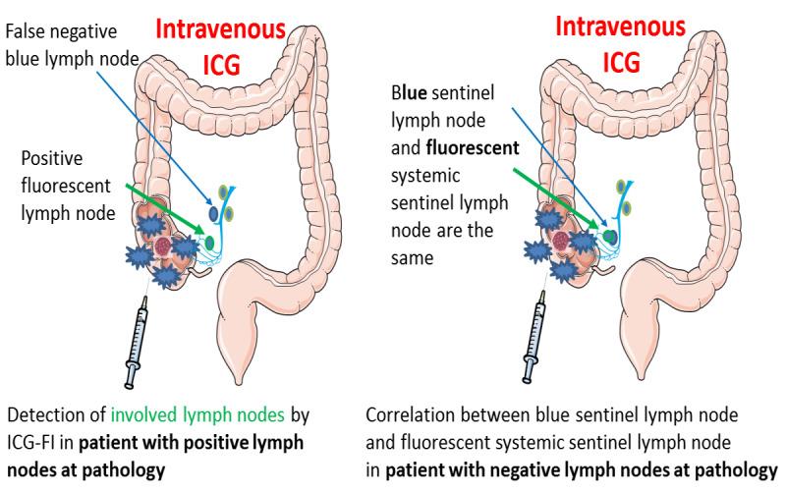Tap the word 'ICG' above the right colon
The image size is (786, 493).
pos(620,63)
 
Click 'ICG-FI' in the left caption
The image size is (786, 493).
pos(37,444)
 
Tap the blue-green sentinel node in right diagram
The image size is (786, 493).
pos(610,236)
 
